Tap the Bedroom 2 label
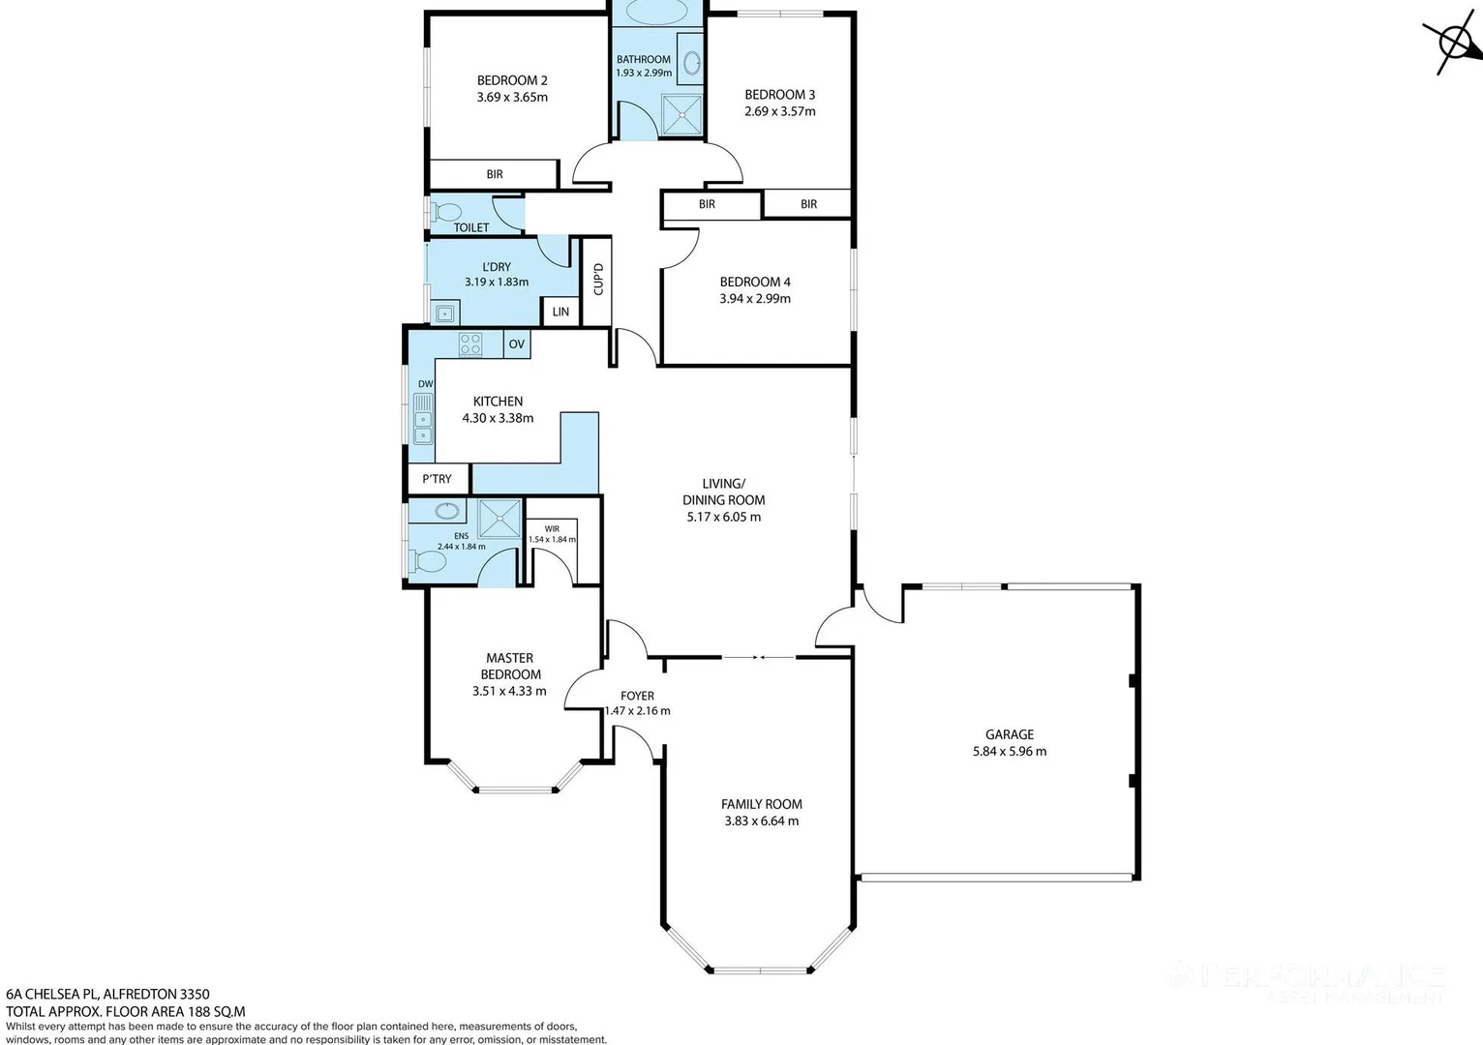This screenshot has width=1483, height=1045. click(x=512, y=80)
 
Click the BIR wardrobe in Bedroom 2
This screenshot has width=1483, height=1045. click(x=494, y=174)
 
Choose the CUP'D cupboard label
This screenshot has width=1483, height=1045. click(x=598, y=280)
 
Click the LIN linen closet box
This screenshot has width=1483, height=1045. click(x=560, y=312)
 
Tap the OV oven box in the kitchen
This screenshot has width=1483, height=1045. click(x=517, y=343)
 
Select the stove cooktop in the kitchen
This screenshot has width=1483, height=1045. click(x=470, y=343)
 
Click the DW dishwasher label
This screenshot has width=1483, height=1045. click(x=425, y=384)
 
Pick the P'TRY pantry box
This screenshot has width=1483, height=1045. click(x=438, y=479)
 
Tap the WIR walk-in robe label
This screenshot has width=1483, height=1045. click(x=552, y=529)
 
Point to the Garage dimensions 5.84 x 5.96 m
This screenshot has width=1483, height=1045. click(x=1010, y=751)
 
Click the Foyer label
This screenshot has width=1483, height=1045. click(x=637, y=696)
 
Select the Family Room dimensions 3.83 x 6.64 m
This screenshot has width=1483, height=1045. click(x=761, y=821)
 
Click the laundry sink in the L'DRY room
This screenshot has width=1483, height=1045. click(x=444, y=313)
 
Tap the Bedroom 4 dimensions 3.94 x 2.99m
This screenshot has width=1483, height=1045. click(x=755, y=299)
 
